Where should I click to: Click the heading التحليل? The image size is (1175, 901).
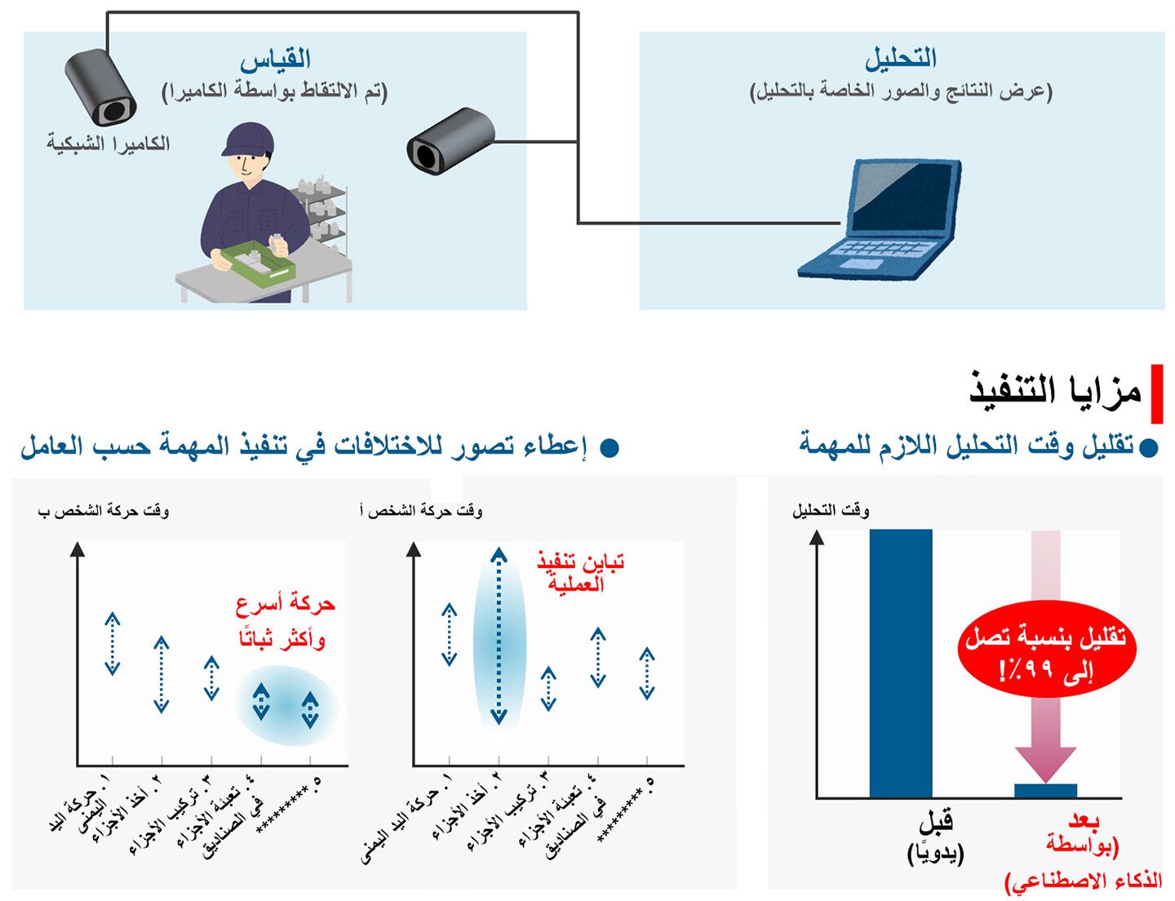[x=900, y=60]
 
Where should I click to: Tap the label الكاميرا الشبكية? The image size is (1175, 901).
[x=109, y=144]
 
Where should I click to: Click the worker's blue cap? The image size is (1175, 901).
[x=248, y=140]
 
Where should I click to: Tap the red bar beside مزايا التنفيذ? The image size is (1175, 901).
[x=1156, y=393]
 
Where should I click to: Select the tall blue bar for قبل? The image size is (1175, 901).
[x=900, y=663]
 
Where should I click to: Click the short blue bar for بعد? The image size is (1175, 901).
[x=1045, y=791]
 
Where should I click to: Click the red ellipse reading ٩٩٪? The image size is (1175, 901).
[x=1047, y=650]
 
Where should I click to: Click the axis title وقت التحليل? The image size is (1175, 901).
[x=831, y=511]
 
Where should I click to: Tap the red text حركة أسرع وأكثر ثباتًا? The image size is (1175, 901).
[x=285, y=622]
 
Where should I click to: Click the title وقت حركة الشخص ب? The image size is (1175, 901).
[x=104, y=511]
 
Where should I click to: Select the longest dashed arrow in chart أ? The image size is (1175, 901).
[x=499, y=636]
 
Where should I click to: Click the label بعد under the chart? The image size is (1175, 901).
[x=1084, y=820]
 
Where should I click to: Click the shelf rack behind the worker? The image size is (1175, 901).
[x=323, y=214]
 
